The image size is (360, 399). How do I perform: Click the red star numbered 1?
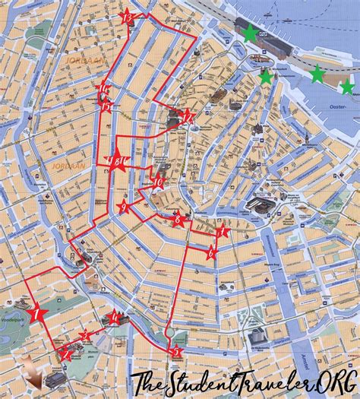(x=36, y=312)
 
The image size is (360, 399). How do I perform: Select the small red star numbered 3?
(x=86, y=334)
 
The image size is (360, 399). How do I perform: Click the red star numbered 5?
(x=176, y=351)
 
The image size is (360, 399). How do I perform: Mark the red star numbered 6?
(x=211, y=253)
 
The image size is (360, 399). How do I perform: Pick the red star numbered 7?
(x=222, y=230)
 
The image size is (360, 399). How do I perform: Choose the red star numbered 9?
(x=123, y=206)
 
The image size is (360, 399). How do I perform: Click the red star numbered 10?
(x=158, y=181)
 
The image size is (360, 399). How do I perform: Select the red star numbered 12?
(x=186, y=116)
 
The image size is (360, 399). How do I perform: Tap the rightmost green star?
(x=347, y=87)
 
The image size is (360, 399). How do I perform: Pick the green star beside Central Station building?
(x=249, y=32)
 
